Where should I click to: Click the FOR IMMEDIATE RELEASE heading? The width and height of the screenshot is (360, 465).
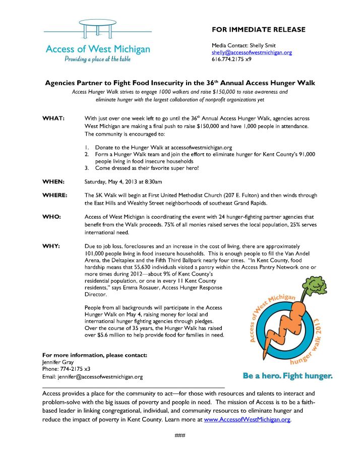(259, 29)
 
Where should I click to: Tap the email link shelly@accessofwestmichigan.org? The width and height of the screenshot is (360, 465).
(252, 52)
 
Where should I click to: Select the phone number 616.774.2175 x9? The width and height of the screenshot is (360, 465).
(231, 59)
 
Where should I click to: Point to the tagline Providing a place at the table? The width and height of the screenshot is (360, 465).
(97, 59)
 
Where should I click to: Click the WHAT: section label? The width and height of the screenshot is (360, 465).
(53, 118)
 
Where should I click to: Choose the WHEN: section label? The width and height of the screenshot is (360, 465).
(53, 181)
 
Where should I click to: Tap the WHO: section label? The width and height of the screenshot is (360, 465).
(52, 216)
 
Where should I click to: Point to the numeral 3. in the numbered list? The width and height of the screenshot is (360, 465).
(87, 168)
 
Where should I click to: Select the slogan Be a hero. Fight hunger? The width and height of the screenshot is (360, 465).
(287, 376)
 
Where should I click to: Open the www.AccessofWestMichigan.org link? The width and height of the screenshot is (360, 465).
(248, 419)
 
